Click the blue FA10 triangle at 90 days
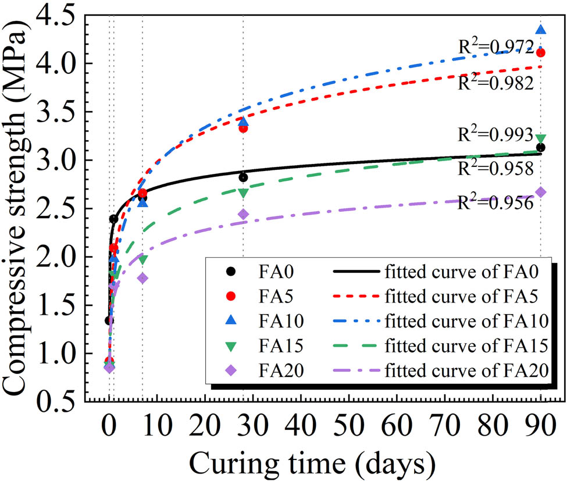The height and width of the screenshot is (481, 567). point(541,30)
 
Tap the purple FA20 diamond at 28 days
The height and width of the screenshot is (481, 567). point(243,214)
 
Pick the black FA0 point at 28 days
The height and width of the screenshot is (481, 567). point(243,177)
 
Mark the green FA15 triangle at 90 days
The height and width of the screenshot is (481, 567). point(541,138)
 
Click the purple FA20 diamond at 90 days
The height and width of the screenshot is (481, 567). point(541,192)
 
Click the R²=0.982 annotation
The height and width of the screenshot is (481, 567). point(496,83)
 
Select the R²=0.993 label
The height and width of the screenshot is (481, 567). point(496,135)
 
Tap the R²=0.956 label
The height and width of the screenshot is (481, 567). point(496,203)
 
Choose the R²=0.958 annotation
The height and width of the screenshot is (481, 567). point(496,169)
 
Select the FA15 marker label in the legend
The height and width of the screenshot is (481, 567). point(281,344)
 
